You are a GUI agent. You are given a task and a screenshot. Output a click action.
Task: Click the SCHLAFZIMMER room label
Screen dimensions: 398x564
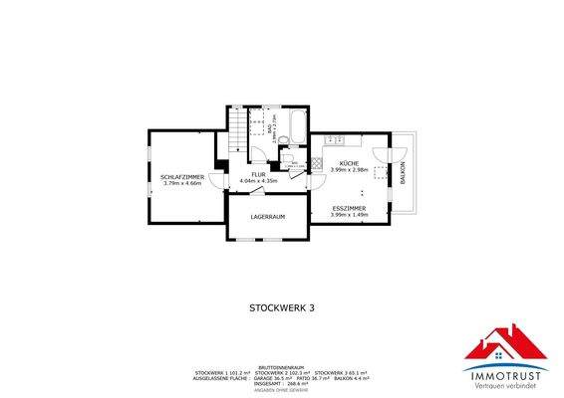(x=181, y=176)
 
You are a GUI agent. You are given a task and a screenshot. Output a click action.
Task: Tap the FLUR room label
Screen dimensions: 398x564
(x=258, y=174)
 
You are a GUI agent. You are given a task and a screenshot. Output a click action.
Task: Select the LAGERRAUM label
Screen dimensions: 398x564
(x=268, y=216)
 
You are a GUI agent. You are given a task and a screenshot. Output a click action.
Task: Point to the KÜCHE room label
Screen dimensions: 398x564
(x=349, y=163)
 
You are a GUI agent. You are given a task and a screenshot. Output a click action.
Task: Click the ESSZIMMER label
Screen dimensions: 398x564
(x=349, y=208)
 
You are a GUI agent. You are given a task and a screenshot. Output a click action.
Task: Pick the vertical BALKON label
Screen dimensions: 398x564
(x=403, y=173)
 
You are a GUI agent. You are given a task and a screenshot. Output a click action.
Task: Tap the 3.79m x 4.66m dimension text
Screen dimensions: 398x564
(x=181, y=183)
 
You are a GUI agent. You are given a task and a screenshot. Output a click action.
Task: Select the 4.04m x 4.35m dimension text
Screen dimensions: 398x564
(x=258, y=180)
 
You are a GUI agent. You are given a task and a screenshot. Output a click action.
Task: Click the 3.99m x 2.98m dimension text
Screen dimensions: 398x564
(x=349, y=170)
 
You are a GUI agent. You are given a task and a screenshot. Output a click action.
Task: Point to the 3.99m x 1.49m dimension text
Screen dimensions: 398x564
(x=349, y=215)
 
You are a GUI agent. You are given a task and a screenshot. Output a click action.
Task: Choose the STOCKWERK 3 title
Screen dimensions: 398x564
(x=281, y=308)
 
